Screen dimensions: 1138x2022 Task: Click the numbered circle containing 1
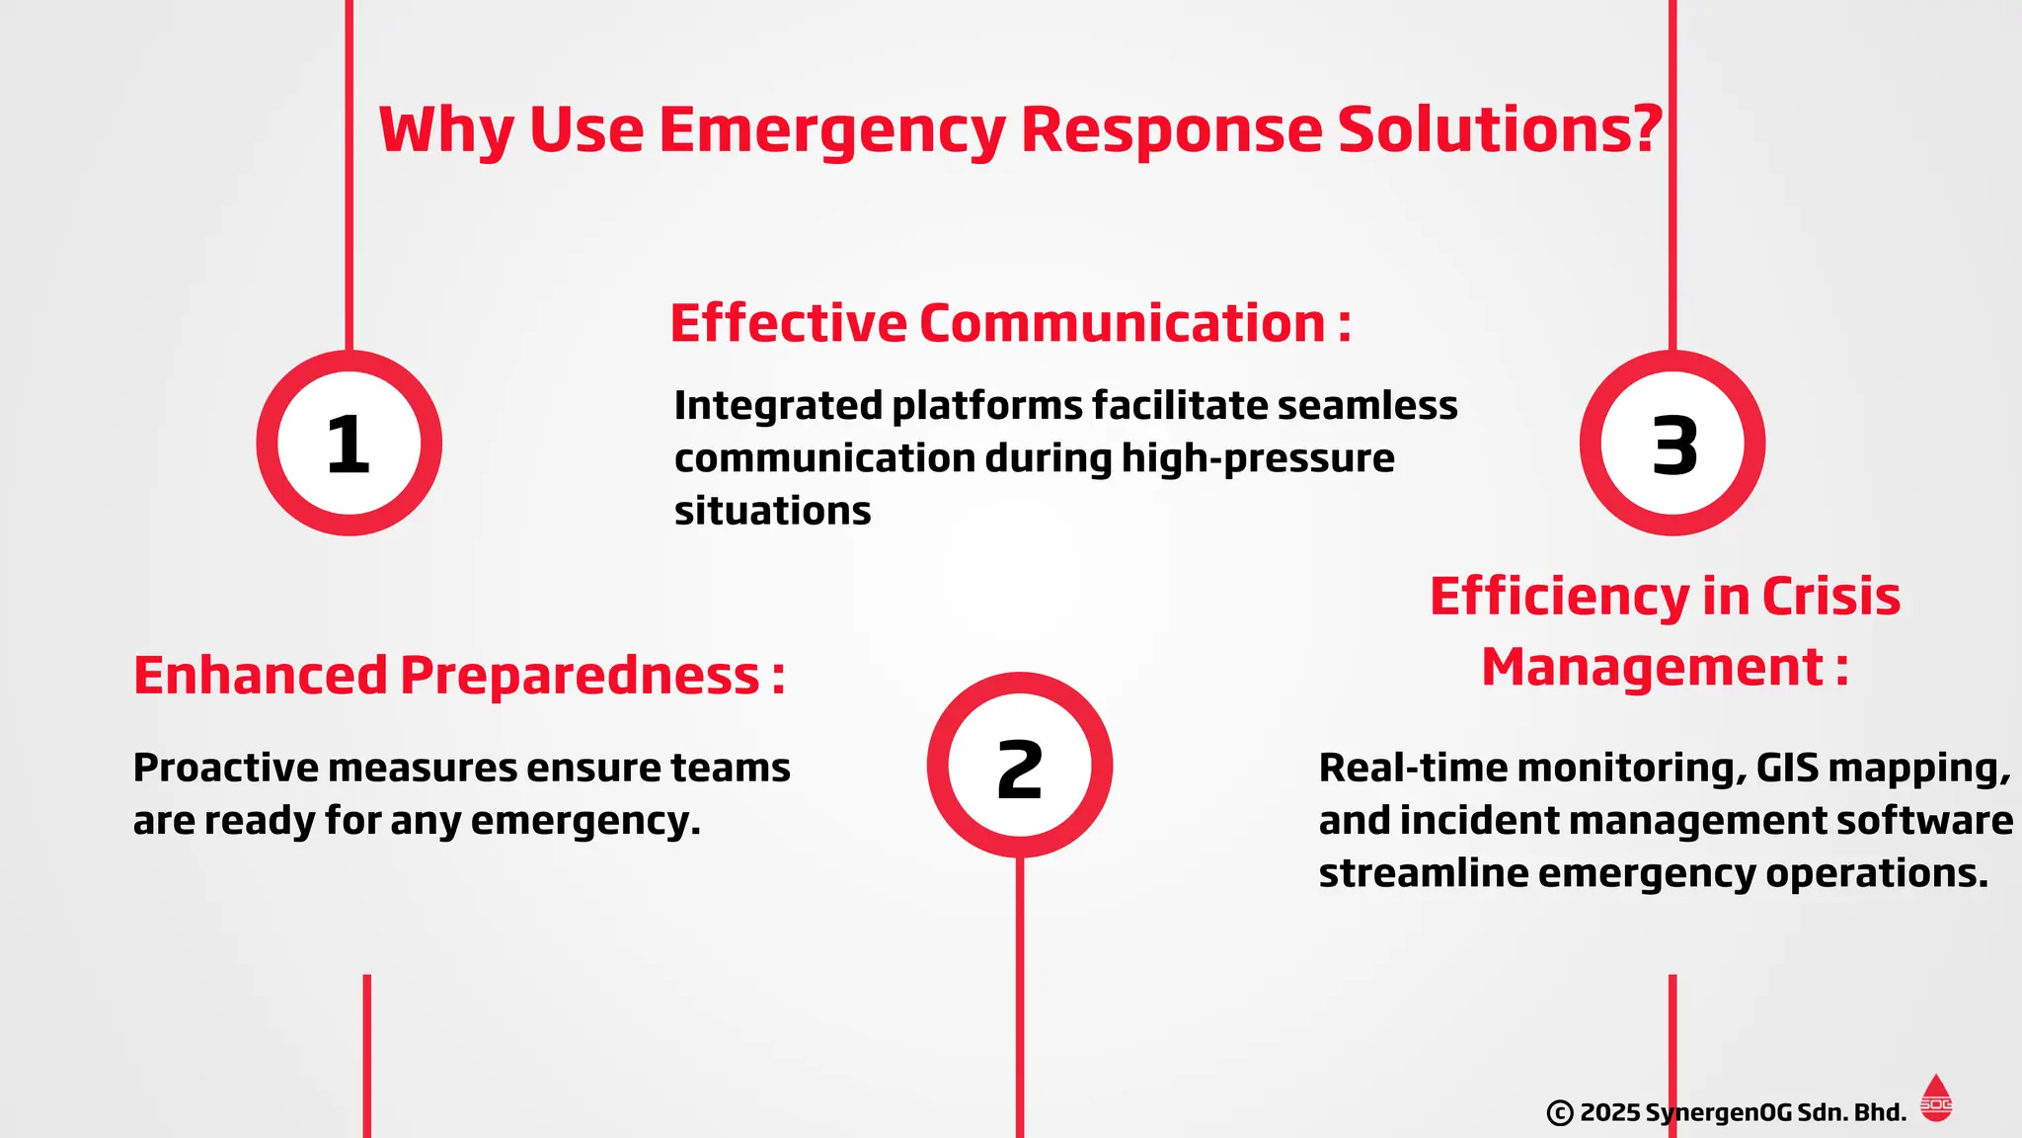(x=349, y=444)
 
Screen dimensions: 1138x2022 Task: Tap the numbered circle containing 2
(x=1019, y=766)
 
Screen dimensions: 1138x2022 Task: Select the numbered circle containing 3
(x=1672, y=444)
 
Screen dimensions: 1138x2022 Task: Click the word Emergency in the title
(x=831, y=130)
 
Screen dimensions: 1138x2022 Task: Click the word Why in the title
(x=444, y=130)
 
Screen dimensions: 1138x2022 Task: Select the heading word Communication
(x=1122, y=324)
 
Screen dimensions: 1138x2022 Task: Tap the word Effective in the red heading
(x=787, y=324)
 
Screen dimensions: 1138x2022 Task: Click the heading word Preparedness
(x=580, y=677)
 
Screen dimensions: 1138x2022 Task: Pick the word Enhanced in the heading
(x=260, y=677)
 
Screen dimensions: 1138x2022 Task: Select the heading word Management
(x=1651, y=668)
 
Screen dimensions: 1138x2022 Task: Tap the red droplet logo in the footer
(x=1935, y=1098)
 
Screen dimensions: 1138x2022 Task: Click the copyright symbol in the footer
(x=1559, y=1113)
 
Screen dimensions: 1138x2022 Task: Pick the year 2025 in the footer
(x=1609, y=1113)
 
